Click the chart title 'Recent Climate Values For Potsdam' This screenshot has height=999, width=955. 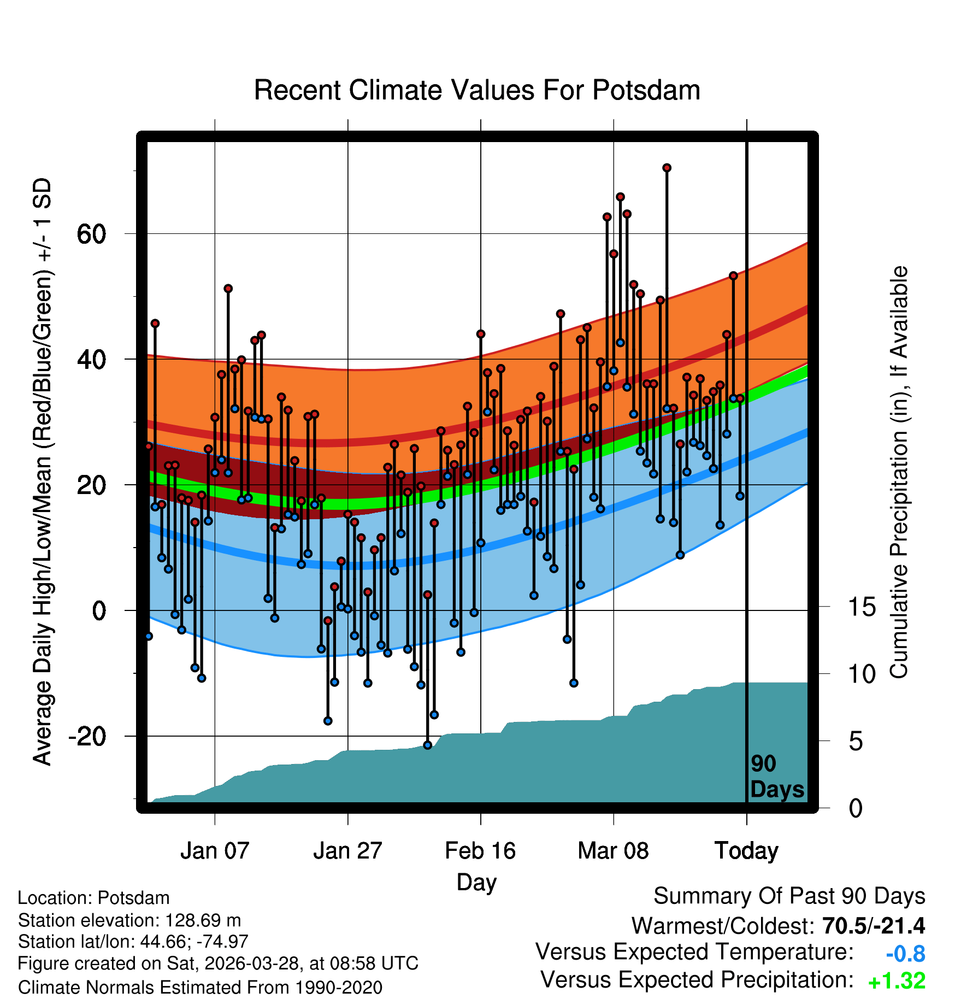[477, 90]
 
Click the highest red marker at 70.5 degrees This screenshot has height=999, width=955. [667, 168]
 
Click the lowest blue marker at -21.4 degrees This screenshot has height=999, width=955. [428, 745]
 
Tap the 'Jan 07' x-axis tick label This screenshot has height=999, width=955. [215, 851]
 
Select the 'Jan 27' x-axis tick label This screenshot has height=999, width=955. [347, 851]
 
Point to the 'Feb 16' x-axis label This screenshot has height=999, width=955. [480, 851]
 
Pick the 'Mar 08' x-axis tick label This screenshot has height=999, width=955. [613, 851]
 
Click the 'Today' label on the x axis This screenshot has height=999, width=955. [746, 851]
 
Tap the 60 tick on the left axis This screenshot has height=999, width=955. [91, 234]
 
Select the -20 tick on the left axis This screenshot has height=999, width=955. [87, 737]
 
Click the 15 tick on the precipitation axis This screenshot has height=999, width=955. [862, 607]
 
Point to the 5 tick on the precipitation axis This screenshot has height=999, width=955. [856, 742]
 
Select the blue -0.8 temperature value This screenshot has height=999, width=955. [905, 954]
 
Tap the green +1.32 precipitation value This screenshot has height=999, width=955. [897, 981]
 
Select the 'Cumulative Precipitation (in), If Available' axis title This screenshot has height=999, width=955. [899, 473]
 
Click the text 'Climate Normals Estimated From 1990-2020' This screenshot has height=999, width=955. [200, 988]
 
